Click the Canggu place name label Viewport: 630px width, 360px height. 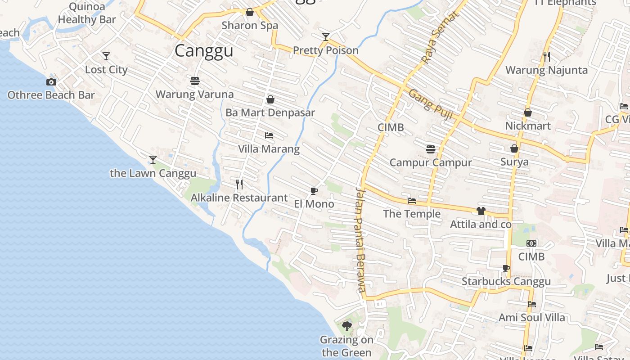pos(204,50)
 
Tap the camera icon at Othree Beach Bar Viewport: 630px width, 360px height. pos(51,82)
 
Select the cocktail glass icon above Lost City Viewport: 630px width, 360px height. pos(106,56)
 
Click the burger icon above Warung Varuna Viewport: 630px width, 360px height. pos(195,81)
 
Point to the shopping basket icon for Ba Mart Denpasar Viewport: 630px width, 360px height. pos(270,99)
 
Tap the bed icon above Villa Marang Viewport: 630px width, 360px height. pos(269,135)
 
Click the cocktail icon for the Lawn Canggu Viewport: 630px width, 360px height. pos(153,160)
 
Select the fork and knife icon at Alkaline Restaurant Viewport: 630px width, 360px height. pos(239,184)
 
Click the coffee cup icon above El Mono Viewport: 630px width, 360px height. pos(314,191)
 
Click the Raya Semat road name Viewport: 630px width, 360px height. pos(441,37)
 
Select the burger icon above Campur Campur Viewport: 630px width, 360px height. pos(431,149)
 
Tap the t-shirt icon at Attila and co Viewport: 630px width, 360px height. pos(481,211)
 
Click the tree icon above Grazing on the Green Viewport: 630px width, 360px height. pos(346,326)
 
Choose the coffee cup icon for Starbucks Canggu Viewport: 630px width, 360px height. pos(506,269)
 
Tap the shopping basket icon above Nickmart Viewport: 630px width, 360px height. pos(528,112)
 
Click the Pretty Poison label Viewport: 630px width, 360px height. pos(326,50)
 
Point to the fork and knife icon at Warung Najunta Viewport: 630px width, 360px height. pos(547,57)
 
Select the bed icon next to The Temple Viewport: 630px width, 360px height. pos(412,201)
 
